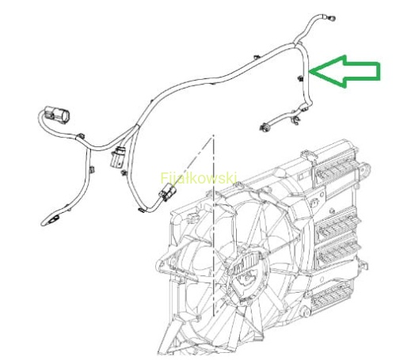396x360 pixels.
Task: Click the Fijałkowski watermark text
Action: click(199, 178)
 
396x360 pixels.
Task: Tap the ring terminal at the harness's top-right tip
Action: click(331, 18)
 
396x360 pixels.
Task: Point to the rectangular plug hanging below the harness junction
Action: click(116, 158)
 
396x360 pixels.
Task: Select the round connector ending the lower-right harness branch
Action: click(264, 128)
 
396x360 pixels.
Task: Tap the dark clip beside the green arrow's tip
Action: click(300, 78)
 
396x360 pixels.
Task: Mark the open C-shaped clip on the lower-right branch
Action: click(295, 120)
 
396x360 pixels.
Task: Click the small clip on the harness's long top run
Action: click(256, 57)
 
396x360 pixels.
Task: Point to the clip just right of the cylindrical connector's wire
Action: click(81, 136)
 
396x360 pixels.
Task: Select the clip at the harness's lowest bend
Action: click(142, 210)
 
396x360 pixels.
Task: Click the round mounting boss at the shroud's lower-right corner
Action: click(306, 313)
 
